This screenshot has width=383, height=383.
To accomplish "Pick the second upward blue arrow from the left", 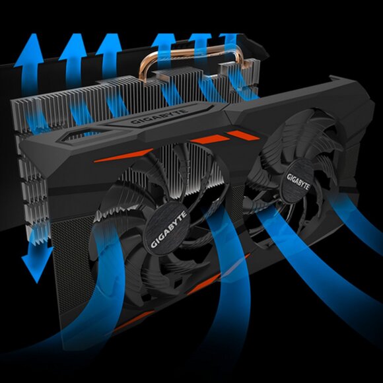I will (x=71, y=56).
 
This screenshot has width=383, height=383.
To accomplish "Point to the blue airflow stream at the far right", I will (x=357, y=225).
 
